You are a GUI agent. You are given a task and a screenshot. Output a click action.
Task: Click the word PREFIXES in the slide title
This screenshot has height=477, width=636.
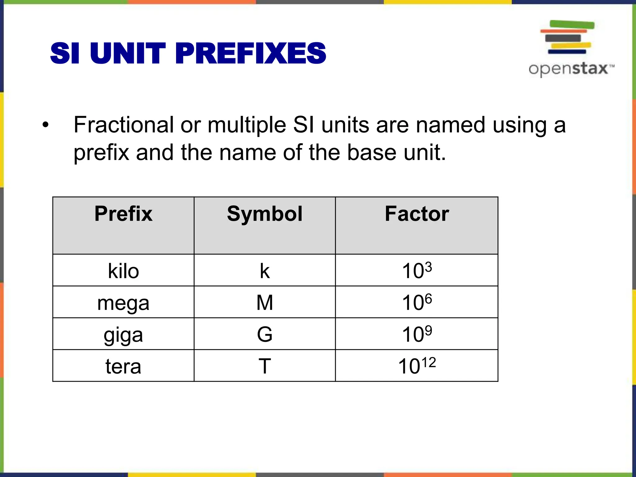(x=250, y=53)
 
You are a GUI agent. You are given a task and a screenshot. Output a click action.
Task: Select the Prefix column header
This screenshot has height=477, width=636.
(x=123, y=214)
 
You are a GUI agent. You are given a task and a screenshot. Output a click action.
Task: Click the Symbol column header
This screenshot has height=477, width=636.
(x=265, y=214)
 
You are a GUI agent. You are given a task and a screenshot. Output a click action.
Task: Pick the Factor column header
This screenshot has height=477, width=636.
(x=417, y=214)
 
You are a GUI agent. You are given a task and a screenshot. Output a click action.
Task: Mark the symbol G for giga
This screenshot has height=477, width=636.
(x=265, y=334)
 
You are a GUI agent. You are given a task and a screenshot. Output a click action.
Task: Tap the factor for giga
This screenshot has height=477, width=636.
(x=417, y=334)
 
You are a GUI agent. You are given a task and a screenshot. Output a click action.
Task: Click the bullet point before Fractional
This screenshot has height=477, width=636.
(x=46, y=125)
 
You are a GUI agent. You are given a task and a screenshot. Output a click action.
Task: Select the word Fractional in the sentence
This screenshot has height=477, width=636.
(x=123, y=125)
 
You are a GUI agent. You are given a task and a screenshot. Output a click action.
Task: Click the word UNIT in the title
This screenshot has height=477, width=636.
(x=128, y=53)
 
